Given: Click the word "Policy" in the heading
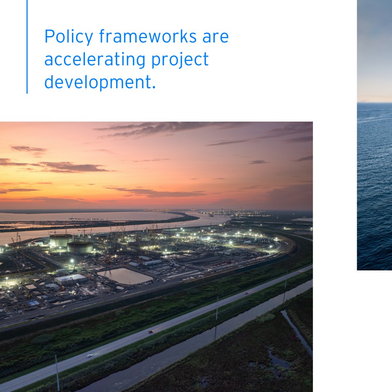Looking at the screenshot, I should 68,37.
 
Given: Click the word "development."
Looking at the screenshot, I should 100,82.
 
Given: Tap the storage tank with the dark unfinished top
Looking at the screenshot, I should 80,247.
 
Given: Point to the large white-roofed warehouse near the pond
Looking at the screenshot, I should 71,279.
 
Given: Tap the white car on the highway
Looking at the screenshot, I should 89,355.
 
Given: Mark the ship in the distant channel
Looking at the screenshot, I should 211,215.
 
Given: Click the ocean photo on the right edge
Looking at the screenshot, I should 374,145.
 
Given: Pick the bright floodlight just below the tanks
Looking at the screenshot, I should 72,261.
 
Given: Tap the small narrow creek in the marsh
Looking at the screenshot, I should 296,332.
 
